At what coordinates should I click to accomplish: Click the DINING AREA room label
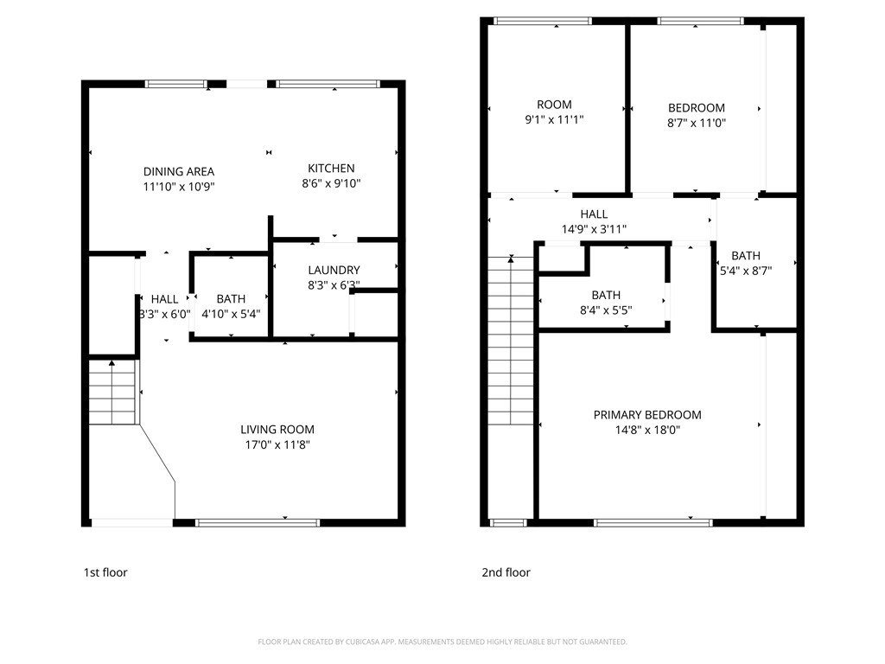pyautogui.click(x=179, y=171)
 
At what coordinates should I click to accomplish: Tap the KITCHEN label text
pyautogui.click(x=331, y=168)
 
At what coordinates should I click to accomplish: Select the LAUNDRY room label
pyautogui.click(x=334, y=270)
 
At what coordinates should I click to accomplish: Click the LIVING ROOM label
pyautogui.click(x=277, y=429)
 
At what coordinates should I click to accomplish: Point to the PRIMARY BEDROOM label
pyautogui.click(x=647, y=415)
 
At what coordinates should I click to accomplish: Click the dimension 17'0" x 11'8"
pyautogui.click(x=277, y=444)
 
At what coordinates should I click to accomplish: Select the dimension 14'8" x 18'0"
pyautogui.click(x=647, y=430)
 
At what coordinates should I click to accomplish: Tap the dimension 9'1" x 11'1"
pyautogui.click(x=555, y=119)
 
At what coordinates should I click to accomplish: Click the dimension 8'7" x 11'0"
pyautogui.click(x=697, y=123)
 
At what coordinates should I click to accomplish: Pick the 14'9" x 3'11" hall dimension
pyautogui.click(x=594, y=229)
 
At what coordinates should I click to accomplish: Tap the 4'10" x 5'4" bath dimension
pyautogui.click(x=231, y=314)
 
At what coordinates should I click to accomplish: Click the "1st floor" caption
pyautogui.click(x=105, y=572)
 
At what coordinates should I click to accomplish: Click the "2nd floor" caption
pyautogui.click(x=506, y=572)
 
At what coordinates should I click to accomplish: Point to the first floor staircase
pyautogui.click(x=112, y=393)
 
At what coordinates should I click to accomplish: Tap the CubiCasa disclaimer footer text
pyautogui.click(x=442, y=642)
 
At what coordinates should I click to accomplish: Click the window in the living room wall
pyautogui.click(x=258, y=522)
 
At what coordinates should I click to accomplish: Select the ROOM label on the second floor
pyautogui.click(x=554, y=105)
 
